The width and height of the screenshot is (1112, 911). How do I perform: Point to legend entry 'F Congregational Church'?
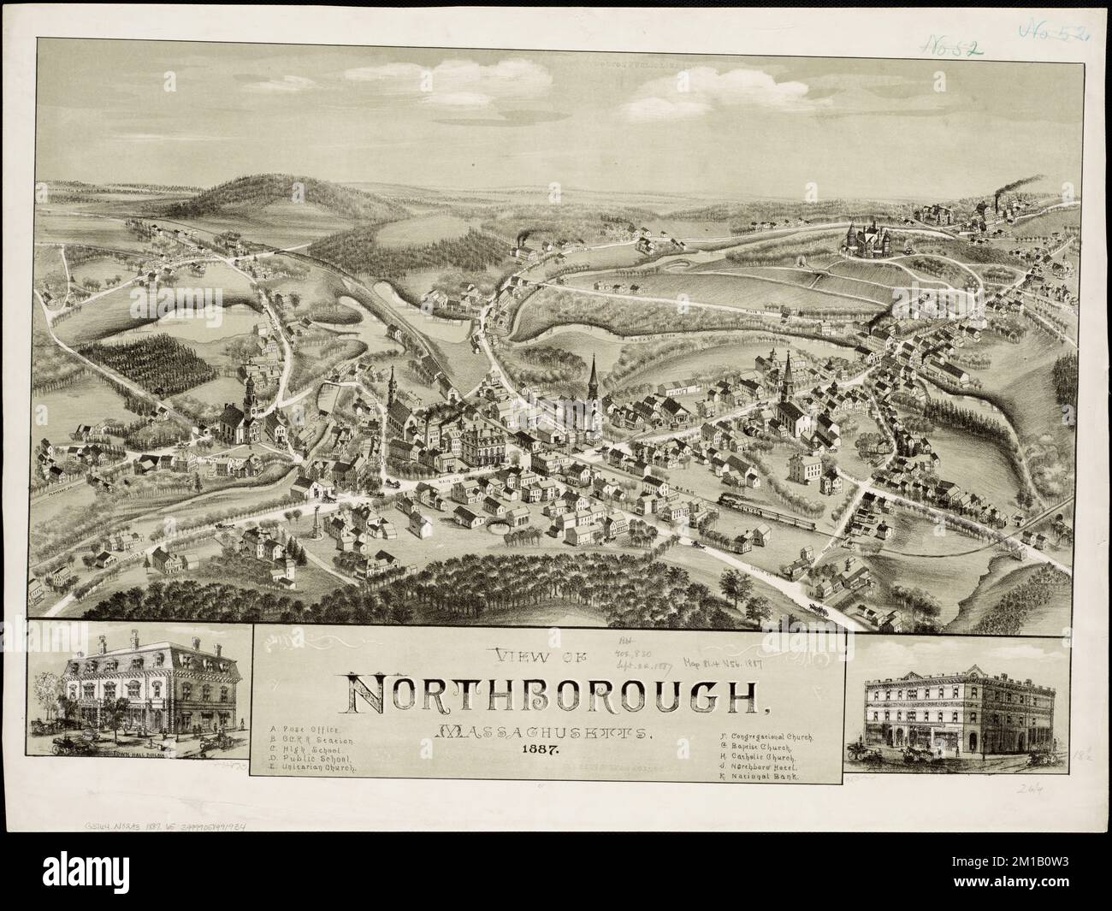(x=766, y=736)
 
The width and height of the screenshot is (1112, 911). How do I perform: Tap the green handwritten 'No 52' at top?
(x=949, y=45)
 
